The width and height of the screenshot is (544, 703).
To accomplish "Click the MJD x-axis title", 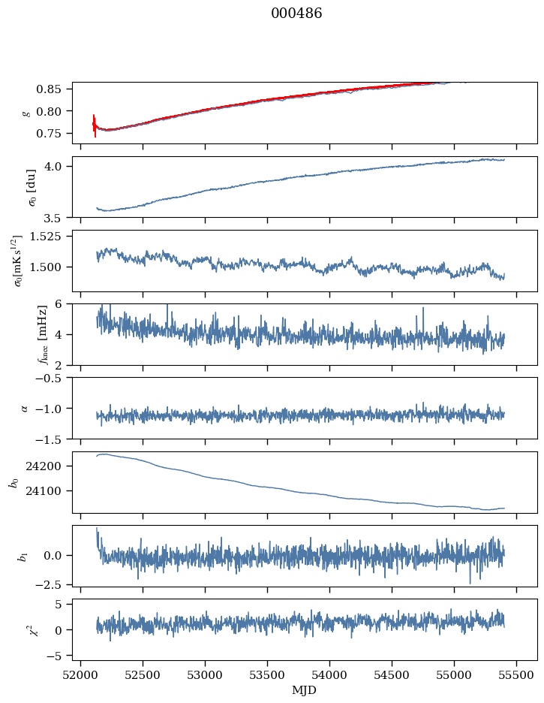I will tap(305, 689).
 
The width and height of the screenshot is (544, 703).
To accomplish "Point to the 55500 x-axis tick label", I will tap(516, 675).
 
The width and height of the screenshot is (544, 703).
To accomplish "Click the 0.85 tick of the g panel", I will tap(54, 89).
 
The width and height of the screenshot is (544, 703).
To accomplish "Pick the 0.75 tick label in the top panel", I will tap(54, 134).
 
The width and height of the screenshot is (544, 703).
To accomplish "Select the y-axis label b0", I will tap(13, 481).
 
